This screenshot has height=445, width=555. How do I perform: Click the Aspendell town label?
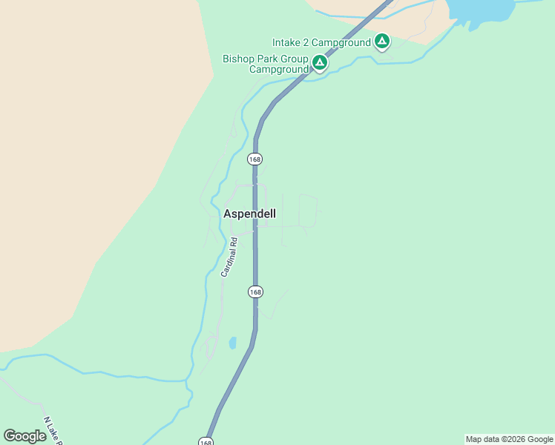(x=249, y=214)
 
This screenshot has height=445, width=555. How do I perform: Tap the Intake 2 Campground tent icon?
(x=382, y=42)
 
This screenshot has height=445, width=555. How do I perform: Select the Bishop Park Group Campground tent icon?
(x=320, y=62)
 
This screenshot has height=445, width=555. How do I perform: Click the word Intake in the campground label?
(x=287, y=42)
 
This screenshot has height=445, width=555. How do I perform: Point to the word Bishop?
(x=238, y=59)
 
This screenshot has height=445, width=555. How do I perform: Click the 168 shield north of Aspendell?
(x=255, y=159)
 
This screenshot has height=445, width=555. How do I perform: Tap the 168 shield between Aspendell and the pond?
(x=255, y=291)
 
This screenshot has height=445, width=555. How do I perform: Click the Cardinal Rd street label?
(x=229, y=257)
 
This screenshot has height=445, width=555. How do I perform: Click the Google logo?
(x=25, y=436)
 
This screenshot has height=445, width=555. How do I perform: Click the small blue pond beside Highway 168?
(x=233, y=343)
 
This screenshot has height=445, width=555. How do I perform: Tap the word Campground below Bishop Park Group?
(x=278, y=69)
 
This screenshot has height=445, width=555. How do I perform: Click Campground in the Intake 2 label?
(x=342, y=42)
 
